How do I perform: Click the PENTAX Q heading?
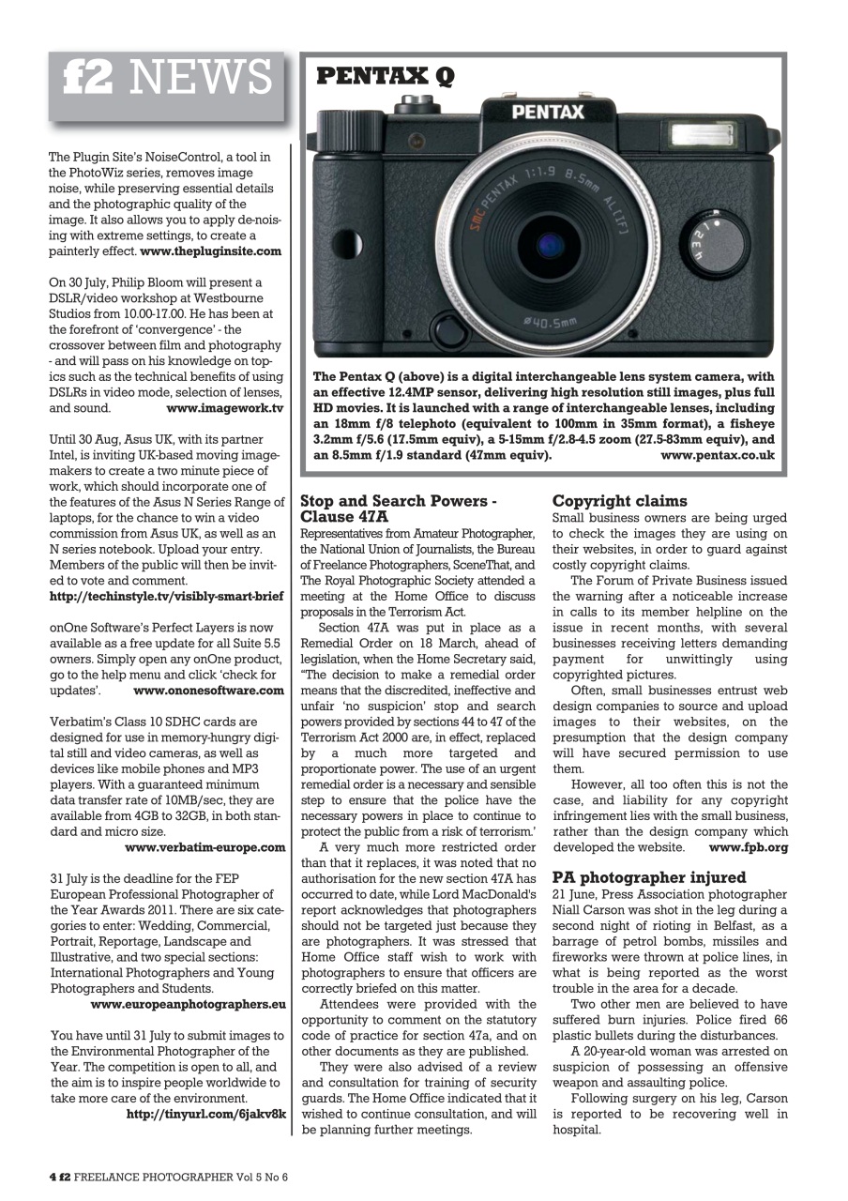[x=386, y=76]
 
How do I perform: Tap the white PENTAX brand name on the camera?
[x=547, y=113]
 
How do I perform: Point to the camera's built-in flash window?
[x=702, y=134]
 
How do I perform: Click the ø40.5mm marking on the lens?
[x=552, y=323]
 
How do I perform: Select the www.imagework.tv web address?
[x=224, y=408]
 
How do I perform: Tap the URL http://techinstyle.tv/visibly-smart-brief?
[x=166, y=596]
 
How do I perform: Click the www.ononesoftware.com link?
[x=208, y=690]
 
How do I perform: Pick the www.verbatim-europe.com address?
[x=204, y=847]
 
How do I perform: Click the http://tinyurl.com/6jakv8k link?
[x=205, y=1114]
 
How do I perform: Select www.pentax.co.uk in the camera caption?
[x=718, y=455]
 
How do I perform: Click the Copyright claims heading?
[x=619, y=501]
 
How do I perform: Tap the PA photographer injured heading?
[x=649, y=877]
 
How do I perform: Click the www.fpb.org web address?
[x=748, y=846]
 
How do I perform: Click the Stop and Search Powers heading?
[x=397, y=509]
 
